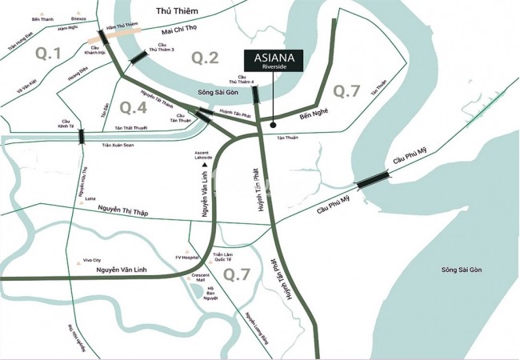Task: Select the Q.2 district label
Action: click(205, 57)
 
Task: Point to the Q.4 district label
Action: click(133, 106)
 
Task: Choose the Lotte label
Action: click(89, 198)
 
